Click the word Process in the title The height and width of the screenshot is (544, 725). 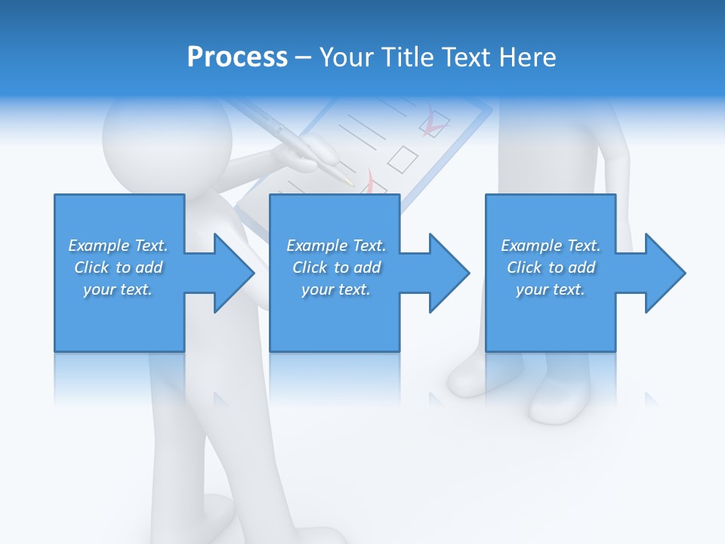coord(237,57)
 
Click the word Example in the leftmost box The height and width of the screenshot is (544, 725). coord(99,246)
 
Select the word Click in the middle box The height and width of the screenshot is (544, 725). coord(310,267)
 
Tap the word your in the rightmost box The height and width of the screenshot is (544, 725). coord(532,289)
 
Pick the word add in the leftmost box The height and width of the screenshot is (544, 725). coord(149,267)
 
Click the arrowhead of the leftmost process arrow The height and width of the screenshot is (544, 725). coord(235,273)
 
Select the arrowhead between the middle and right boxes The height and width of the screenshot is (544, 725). coord(450,273)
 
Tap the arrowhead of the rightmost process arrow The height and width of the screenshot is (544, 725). coord(665,273)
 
